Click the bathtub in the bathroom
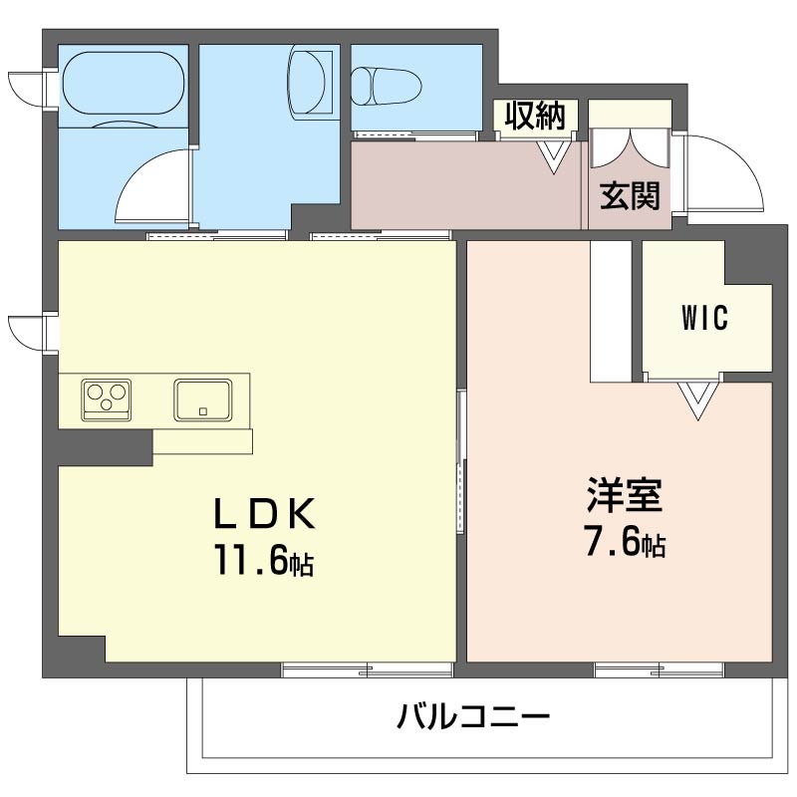(124, 85)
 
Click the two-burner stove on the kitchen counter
(106, 398)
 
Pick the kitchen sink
(204, 399)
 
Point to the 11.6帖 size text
(261, 561)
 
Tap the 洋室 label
(625, 495)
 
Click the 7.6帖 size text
(625, 543)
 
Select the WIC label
(705, 319)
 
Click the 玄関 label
(630, 195)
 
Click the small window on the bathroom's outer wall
(28, 87)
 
